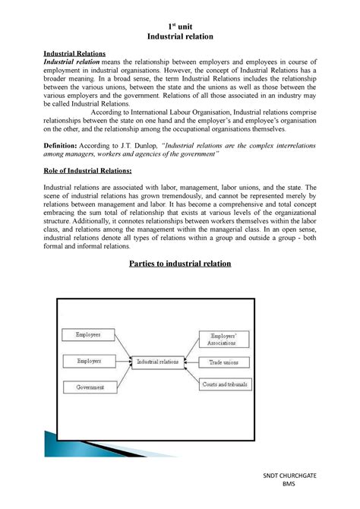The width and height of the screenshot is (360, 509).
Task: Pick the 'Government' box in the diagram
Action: [90, 387]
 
